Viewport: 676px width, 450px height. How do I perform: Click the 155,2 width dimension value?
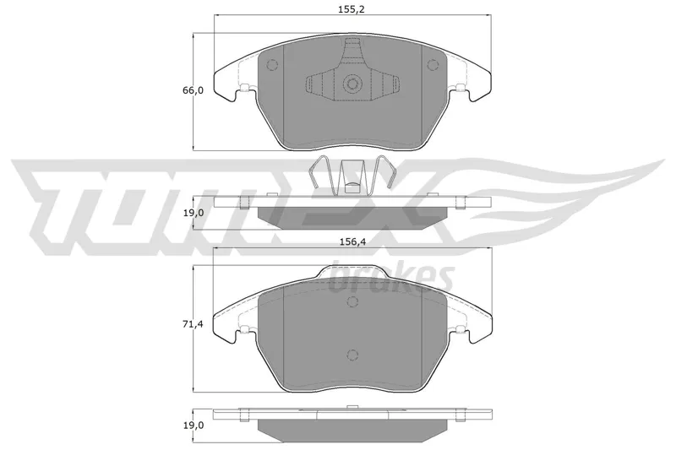351,9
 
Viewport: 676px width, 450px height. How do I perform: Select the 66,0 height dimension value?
193,90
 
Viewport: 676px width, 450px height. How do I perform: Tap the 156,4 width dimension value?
352,242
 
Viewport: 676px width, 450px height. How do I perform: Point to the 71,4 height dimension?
193,323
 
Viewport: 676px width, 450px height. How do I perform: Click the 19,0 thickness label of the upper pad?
193,213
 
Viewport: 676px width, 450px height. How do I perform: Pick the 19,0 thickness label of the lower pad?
193,426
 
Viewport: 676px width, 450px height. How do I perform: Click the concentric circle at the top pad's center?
352,84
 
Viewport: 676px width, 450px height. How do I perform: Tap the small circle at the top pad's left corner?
272,65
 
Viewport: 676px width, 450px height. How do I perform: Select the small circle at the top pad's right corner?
432,65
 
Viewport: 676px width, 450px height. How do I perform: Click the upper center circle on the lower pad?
352,301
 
